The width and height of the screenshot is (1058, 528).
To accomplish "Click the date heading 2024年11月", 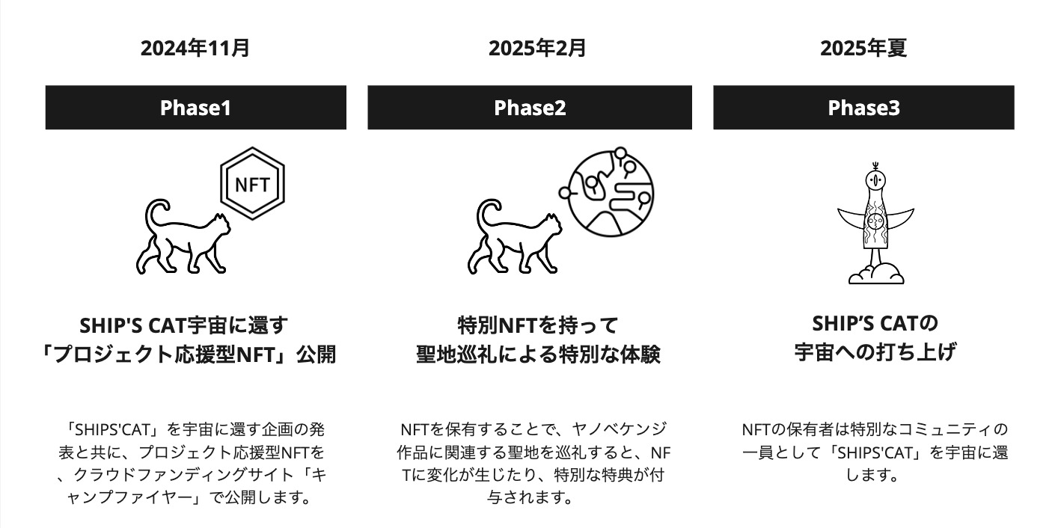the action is (x=195, y=48).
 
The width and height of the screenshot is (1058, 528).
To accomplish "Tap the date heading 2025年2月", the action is (x=537, y=48).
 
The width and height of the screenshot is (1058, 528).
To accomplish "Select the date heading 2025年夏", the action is (x=863, y=48).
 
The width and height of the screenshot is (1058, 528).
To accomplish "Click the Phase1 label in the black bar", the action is (x=195, y=108).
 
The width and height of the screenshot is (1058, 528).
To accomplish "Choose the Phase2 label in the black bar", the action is (x=530, y=108).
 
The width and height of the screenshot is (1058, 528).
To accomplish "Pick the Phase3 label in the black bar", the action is (x=864, y=108).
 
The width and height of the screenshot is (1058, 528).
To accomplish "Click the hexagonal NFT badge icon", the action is (x=253, y=183).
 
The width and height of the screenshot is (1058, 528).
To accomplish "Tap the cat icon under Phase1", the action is (x=183, y=237).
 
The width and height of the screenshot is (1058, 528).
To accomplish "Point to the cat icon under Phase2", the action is (x=515, y=237).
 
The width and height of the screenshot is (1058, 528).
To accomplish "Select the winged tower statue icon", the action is (x=875, y=223).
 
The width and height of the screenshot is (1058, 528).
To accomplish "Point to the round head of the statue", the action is (x=875, y=179).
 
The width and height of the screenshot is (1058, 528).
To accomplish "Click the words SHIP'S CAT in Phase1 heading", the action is (x=132, y=325).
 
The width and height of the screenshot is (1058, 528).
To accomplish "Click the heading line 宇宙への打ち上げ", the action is (x=875, y=353).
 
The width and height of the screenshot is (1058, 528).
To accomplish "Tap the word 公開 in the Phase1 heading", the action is (x=316, y=354).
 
